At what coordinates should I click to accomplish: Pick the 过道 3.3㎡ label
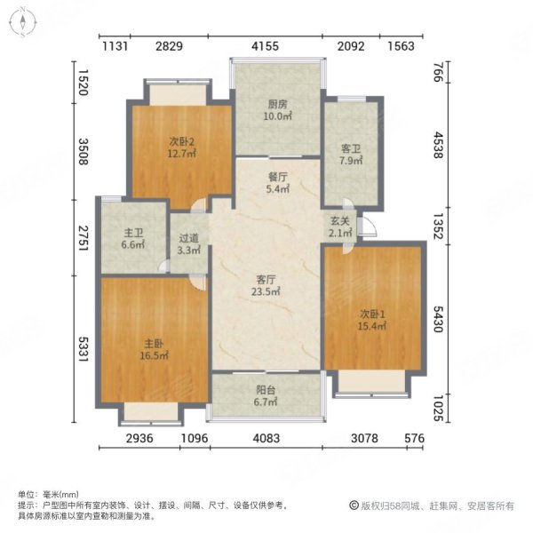(x=187, y=243)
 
